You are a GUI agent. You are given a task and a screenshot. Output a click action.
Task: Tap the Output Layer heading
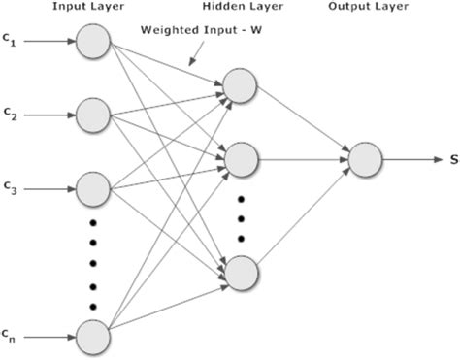coord(364,9)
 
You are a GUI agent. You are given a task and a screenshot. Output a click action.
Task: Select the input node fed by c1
coord(94,42)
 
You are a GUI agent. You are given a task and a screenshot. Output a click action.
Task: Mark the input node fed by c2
coord(94,115)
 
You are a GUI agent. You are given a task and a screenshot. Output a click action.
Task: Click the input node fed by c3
coord(94,188)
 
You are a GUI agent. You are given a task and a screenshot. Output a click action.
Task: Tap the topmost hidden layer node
coord(240,85)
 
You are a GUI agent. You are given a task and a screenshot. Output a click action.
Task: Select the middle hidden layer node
coord(240,158)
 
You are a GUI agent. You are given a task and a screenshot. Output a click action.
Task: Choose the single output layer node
coord(365,158)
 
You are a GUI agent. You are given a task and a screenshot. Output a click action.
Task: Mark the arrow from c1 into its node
coord(49,42)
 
